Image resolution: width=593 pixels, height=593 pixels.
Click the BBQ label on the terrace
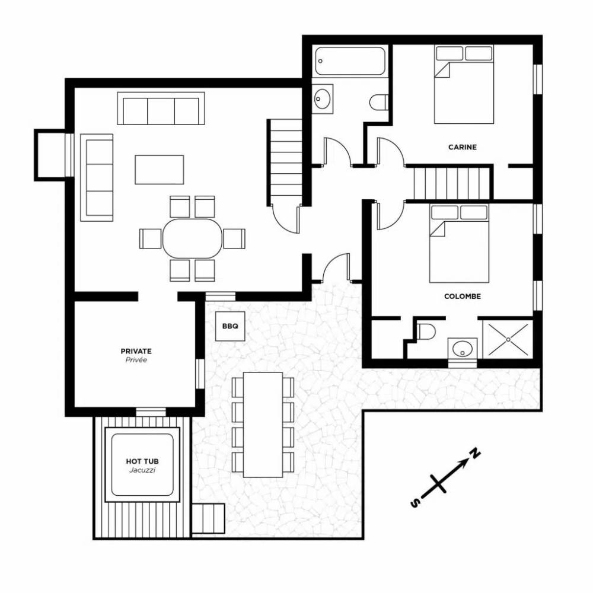point(230,326)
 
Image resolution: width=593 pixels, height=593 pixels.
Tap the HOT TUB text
point(142,461)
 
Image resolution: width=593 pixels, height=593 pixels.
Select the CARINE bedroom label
point(463,147)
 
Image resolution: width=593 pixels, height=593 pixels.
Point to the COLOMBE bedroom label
point(463,296)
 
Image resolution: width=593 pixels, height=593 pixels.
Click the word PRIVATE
point(136,351)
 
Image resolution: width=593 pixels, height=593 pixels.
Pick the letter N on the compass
point(475,452)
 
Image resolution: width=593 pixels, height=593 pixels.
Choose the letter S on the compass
point(415,503)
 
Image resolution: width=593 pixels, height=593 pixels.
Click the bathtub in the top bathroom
point(350,62)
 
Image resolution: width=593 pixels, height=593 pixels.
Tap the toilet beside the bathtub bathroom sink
point(378,102)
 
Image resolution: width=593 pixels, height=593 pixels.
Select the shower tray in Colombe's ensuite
point(508,339)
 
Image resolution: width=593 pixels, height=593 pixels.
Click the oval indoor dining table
point(193,238)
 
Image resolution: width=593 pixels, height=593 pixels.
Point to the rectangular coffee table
point(159,170)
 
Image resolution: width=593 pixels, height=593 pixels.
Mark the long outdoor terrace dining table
point(263,425)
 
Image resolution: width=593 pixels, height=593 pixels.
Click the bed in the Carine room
point(464,84)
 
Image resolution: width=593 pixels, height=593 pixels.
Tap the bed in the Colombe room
point(459,244)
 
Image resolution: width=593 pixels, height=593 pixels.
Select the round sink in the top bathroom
point(322,99)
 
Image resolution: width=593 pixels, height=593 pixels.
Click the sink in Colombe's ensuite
point(462,348)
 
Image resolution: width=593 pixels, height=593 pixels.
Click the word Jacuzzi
point(142,470)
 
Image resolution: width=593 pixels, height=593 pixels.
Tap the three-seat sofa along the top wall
point(161,108)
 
